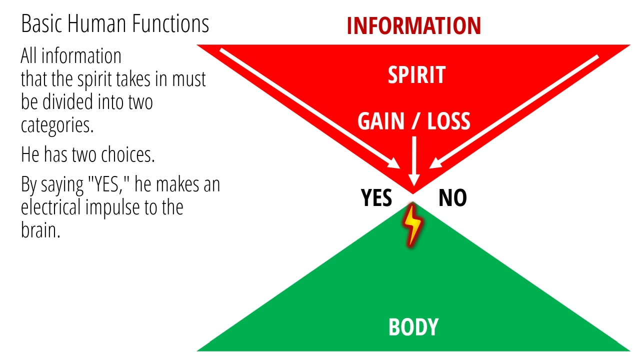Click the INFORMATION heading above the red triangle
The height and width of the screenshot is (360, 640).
point(414,25)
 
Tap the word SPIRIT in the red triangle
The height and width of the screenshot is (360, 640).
point(416,75)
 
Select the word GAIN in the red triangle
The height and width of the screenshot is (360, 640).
point(381,121)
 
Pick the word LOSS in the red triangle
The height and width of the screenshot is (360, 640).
point(448,121)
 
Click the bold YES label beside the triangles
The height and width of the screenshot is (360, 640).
point(376,197)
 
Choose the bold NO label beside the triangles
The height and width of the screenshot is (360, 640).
point(452,197)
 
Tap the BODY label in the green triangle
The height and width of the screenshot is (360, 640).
point(413,327)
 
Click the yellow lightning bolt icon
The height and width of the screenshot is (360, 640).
point(412,225)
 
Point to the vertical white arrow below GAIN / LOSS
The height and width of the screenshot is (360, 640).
point(414,161)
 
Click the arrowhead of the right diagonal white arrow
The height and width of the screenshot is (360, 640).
point(435,164)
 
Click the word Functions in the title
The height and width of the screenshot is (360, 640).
point(170,23)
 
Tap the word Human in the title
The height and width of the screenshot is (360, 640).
point(96,23)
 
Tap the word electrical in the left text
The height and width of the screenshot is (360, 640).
point(51,207)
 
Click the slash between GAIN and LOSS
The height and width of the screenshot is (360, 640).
point(415,121)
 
